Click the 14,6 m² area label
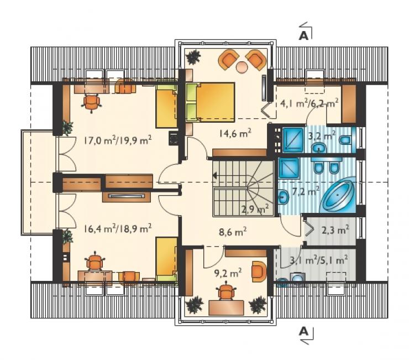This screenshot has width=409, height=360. pyautogui.click(x=235, y=134)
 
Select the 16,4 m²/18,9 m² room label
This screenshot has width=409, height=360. pyautogui.click(x=118, y=229)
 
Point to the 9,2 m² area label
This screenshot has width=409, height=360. pyautogui.click(x=228, y=273)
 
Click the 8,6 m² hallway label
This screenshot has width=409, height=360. pyautogui.click(x=233, y=231)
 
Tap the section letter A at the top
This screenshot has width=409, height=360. pyautogui.click(x=303, y=36)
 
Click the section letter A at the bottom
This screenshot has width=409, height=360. pyautogui.click(x=303, y=332)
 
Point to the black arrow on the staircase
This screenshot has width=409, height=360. pyautogui.click(x=215, y=175)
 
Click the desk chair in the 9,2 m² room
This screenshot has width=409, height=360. pyautogui.click(x=226, y=291)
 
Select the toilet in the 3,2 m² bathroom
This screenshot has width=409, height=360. pyautogui.click(x=345, y=140)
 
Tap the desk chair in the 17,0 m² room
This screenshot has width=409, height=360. pyautogui.click(x=92, y=103)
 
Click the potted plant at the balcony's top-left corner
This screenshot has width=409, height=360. pyautogui.click(x=193, y=57)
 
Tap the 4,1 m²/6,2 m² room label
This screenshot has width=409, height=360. pyautogui.click(x=310, y=103)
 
